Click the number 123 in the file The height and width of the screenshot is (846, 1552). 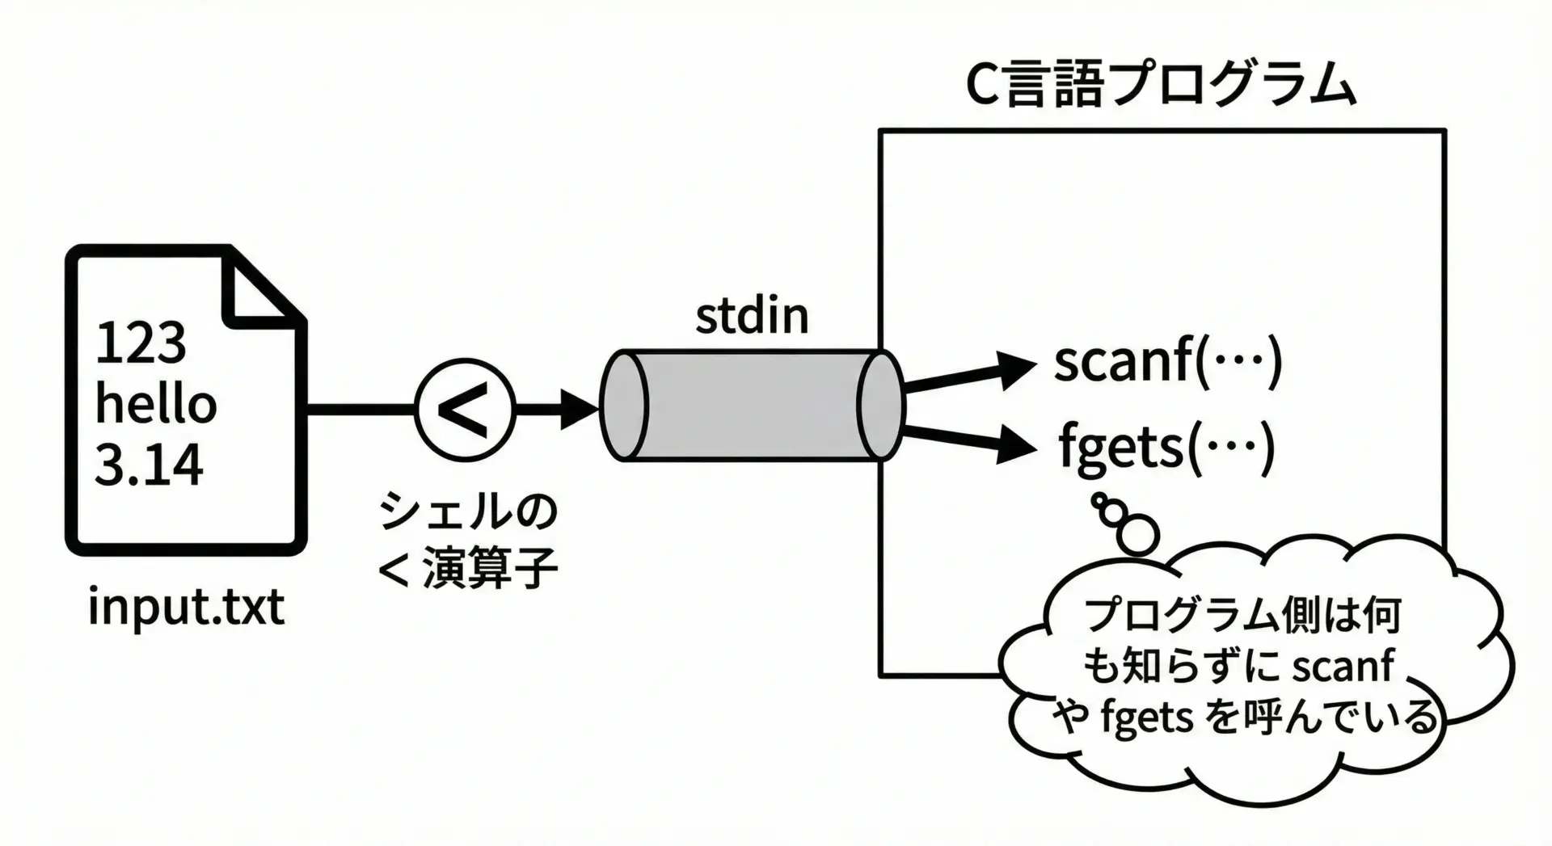(x=141, y=343)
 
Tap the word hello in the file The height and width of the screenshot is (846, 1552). (x=156, y=403)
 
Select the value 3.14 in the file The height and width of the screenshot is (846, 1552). (x=149, y=465)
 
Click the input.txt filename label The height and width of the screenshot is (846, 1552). (x=186, y=607)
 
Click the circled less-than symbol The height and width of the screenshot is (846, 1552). (x=464, y=408)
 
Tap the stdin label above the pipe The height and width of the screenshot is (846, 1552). (x=752, y=316)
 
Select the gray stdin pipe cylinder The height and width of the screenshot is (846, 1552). (x=752, y=406)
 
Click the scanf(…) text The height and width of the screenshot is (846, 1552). (x=1167, y=360)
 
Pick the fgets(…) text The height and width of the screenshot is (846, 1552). (x=1166, y=447)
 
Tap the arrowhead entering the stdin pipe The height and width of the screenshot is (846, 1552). (x=578, y=408)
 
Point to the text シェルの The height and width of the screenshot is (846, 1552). (x=468, y=511)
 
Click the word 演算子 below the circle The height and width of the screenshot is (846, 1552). (x=491, y=568)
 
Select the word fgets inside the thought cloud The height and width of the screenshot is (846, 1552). (x=1146, y=717)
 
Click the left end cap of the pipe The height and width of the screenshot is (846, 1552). (x=625, y=406)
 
